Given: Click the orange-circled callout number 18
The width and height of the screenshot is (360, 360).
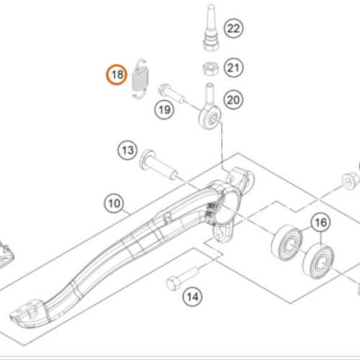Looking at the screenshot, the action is coord(117,75).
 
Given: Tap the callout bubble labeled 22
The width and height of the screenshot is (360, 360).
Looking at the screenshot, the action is coord(233,28).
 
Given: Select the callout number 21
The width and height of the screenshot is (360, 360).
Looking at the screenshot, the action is coord(233,68).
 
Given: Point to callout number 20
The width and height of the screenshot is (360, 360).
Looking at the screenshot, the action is coord(233,99).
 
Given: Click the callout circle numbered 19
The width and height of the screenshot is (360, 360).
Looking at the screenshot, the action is coord(164,110).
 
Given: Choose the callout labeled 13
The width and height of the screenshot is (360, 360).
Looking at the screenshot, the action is coord(127,150).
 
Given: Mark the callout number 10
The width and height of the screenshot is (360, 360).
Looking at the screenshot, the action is coord(114,204).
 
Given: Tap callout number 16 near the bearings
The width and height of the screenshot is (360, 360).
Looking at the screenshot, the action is coord(320,222).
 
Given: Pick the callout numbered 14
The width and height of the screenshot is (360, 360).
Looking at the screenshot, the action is coord(192,297).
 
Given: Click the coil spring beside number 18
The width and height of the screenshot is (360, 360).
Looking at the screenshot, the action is coord(140,78).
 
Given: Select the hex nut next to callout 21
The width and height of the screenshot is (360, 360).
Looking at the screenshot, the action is coord(210,68).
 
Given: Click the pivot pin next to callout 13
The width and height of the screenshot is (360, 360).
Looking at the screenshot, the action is coord(158,165).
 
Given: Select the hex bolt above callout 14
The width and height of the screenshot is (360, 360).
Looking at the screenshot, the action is coord(183,278).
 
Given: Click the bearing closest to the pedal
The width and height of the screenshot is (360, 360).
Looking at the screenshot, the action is coord(287,243).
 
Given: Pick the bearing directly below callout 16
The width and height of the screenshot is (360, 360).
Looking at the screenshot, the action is coord(318,261).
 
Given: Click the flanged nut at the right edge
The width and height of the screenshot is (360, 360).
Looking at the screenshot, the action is coord(351,181).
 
